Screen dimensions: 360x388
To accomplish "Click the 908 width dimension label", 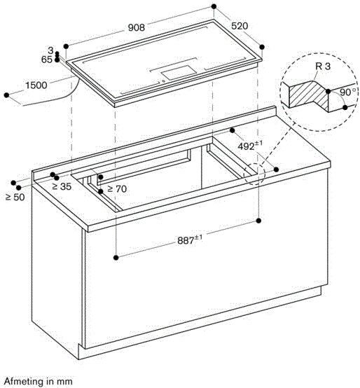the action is pyautogui.click(x=136, y=27).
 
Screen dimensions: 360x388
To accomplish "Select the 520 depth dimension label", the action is pyautogui.click(x=240, y=26).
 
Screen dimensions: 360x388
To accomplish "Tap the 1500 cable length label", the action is pyautogui.click(x=36, y=85).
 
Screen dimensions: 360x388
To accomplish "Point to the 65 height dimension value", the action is pyautogui.click(x=47, y=60).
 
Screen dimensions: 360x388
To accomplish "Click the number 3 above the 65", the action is pyautogui.click(x=50, y=50).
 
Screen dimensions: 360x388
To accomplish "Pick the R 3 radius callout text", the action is pyautogui.click(x=323, y=67).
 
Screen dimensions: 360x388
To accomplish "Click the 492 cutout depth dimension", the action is pyautogui.click(x=250, y=146).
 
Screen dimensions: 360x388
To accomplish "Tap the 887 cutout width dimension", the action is pyautogui.click(x=190, y=240).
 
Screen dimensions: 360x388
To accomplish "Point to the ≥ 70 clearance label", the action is pyautogui.click(x=117, y=189).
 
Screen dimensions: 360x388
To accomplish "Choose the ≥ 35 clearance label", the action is pyautogui.click(x=62, y=186).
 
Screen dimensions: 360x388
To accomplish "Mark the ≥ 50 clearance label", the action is pyautogui.click(x=15, y=198).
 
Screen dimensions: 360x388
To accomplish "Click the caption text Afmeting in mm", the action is pyautogui.click(x=39, y=381).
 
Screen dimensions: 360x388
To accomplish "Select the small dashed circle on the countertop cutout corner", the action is pyautogui.click(x=255, y=174).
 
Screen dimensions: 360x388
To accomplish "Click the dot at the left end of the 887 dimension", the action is pyautogui.click(x=116, y=258).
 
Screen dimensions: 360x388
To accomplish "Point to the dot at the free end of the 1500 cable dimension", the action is pyautogui.click(x=7, y=95).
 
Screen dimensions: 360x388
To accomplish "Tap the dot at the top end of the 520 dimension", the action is pyautogui.click(x=214, y=6).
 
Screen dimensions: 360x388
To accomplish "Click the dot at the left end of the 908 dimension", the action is pyautogui.click(x=66, y=46).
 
